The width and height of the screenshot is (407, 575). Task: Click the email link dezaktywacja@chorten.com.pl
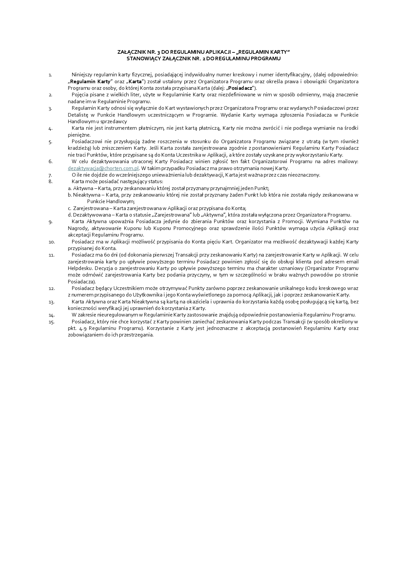[x=103, y=168]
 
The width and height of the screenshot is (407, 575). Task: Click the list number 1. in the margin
[x=50, y=75]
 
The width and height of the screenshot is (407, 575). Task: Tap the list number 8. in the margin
[x=50, y=182]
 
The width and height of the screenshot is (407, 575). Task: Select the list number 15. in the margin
[x=51, y=322]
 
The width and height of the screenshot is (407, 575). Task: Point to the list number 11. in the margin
[x=51, y=255]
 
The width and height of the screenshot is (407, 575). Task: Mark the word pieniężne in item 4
[x=79, y=135]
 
